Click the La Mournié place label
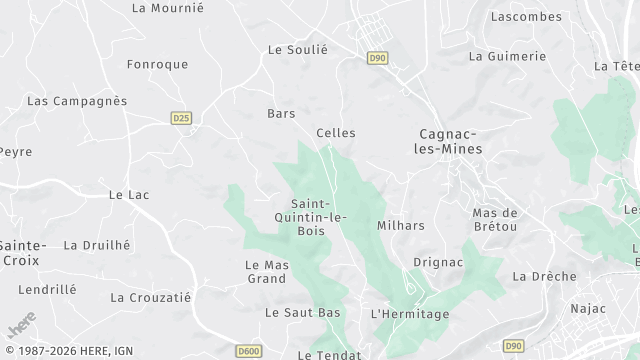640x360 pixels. [x=167, y=8]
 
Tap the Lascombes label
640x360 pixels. [x=527, y=17]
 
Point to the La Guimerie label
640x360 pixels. [x=507, y=57]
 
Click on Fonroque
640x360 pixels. [x=157, y=64]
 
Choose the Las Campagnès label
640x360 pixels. [x=77, y=101]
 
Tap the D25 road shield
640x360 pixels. [x=181, y=117]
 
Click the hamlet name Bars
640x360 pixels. [x=281, y=114]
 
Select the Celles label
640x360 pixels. [x=335, y=133]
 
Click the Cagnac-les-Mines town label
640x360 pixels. [x=449, y=141]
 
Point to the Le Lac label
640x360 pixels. [x=128, y=195]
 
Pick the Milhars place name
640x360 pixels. [x=400, y=225]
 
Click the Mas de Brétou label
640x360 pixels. [x=495, y=220]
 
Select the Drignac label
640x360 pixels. [x=438, y=262]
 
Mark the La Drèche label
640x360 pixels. [x=544, y=276]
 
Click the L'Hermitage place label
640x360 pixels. [x=409, y=314]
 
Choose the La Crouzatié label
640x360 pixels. [x=150, y=297]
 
